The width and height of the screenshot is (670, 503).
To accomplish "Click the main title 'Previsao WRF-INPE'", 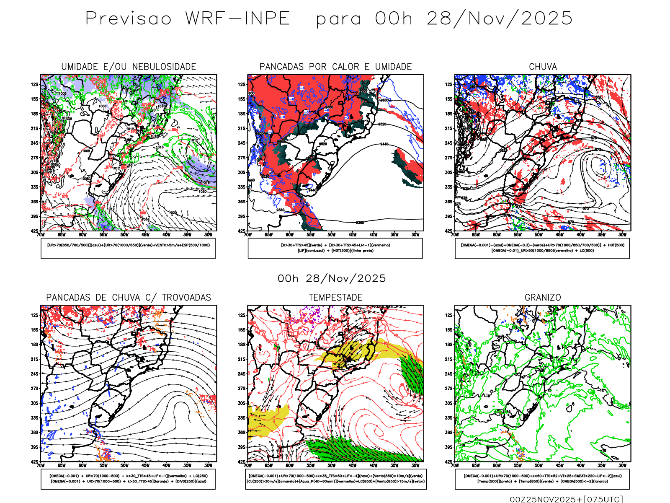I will coord(188,19).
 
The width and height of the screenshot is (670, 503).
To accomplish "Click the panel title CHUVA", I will coord(543,67).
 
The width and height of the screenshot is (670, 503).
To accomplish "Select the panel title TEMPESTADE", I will coord(335,298).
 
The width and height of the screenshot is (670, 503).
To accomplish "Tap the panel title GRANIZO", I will coord(543,298).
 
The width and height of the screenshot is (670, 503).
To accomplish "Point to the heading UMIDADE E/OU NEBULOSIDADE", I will coord(129,67).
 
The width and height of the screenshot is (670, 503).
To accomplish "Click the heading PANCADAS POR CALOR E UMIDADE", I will coord(335,67).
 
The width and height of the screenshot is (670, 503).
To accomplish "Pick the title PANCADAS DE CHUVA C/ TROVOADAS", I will coord(129,298).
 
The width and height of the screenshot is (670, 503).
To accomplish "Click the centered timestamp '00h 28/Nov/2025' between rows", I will coord(332,278).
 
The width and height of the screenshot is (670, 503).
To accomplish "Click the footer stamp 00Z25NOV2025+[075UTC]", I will coord(566,499).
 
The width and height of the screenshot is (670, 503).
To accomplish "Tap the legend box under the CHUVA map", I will coord(542,248).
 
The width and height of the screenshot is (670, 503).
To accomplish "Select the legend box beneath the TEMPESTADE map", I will coord(335,479).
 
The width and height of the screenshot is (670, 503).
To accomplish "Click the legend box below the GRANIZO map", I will coord(542,479).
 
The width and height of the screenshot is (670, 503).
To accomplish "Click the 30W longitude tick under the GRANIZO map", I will coord(623,465).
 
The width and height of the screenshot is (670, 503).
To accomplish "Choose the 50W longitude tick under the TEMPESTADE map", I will coord(332,465).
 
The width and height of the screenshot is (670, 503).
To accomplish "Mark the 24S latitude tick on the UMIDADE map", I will coord(34,143).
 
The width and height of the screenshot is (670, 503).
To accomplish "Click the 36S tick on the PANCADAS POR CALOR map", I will coord(242,202).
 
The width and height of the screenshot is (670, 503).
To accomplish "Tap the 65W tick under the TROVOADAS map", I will coord(62,465).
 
